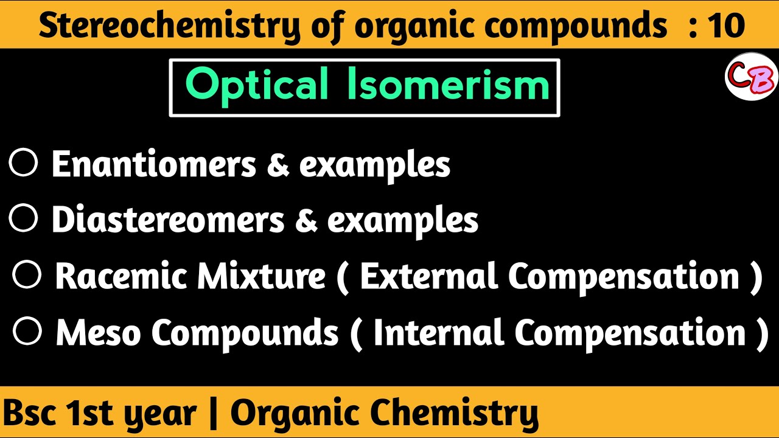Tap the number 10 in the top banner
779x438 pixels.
(x=726, y=26)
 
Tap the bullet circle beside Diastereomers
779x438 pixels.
(x=24, y=219)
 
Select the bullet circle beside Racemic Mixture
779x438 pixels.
(x=27, y=276)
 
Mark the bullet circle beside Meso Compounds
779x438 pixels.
(x=27, y=332)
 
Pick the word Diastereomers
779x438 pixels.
(x=167, y=220)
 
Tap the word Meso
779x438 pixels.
(x=98, y=333)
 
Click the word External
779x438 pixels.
(x=429, y=277)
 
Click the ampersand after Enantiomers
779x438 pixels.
(x=277, y=165)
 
